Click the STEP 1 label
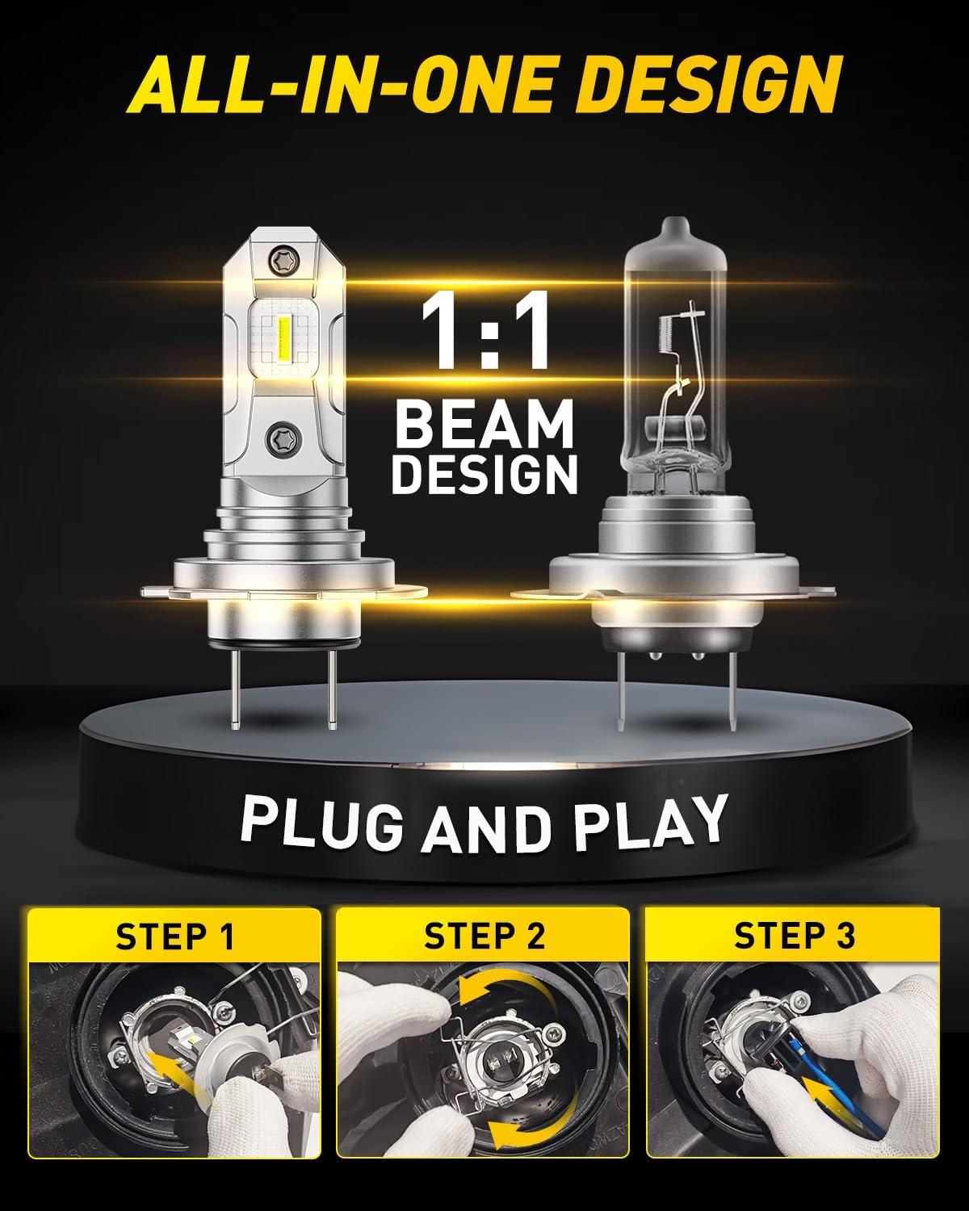174,937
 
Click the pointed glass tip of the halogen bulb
675,228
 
